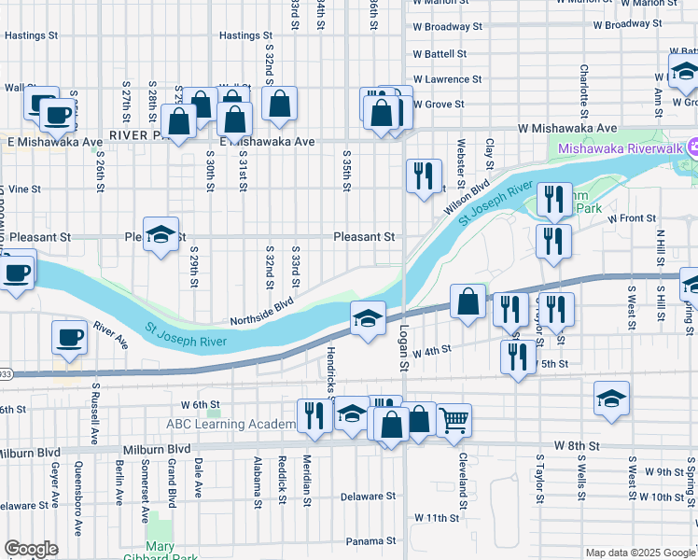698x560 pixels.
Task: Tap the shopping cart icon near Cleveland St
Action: coord(454,420)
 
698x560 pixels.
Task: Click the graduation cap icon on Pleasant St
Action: coord(161,235)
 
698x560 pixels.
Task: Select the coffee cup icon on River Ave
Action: coord(70,337)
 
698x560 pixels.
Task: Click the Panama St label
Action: coord(365,541)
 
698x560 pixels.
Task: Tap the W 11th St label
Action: coord(438,517)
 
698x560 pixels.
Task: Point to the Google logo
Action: coord(31,549)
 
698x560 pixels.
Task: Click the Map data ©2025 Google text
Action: coord(639,553)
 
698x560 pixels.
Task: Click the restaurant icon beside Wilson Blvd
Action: coord(424,175)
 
